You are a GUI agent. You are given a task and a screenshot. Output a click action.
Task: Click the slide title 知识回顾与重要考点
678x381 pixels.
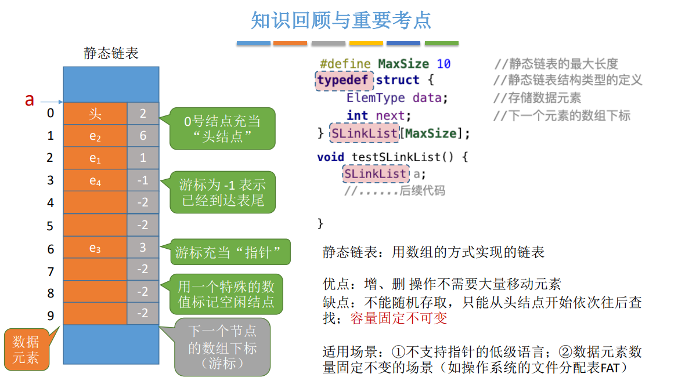click(x=341, y=20)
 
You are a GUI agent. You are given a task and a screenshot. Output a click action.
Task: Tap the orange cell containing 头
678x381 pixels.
click(x=95, y=113)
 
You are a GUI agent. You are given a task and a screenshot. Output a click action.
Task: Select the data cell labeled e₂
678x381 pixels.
click(x=95, y=136)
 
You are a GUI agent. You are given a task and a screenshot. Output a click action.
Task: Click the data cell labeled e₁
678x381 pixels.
click(x=95, y=158)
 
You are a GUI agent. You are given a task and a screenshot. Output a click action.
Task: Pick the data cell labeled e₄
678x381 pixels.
click(x=95, y=180)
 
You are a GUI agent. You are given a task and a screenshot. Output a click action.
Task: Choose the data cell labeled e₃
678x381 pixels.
click(x=95, y=248)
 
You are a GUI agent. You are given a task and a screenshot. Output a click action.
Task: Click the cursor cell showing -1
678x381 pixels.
click(x=143, y=180)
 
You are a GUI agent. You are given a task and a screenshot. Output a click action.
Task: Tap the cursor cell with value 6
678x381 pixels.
click(x=143, y=136)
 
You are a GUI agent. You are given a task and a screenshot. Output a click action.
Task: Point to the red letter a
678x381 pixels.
click(x=30, y=100)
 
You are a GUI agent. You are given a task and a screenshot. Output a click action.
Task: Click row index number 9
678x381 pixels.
click(x=51, y=314)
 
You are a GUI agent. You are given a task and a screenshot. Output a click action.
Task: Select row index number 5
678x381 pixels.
click(x=51, y=226)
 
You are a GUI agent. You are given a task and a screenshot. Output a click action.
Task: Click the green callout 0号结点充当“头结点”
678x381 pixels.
click(x=222, y=128)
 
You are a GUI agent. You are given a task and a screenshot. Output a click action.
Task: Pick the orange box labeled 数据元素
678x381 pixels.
click(x=26, y=349)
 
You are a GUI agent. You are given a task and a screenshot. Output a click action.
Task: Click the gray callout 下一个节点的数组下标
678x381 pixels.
click(x=222, y=347)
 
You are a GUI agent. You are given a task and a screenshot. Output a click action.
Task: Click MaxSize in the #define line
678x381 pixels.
click(x=403, y=64)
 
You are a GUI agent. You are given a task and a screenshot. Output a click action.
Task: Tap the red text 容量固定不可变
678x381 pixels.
click(x=399, y=318)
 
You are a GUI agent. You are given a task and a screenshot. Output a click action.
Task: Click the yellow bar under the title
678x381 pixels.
click(x=366, y=43)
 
